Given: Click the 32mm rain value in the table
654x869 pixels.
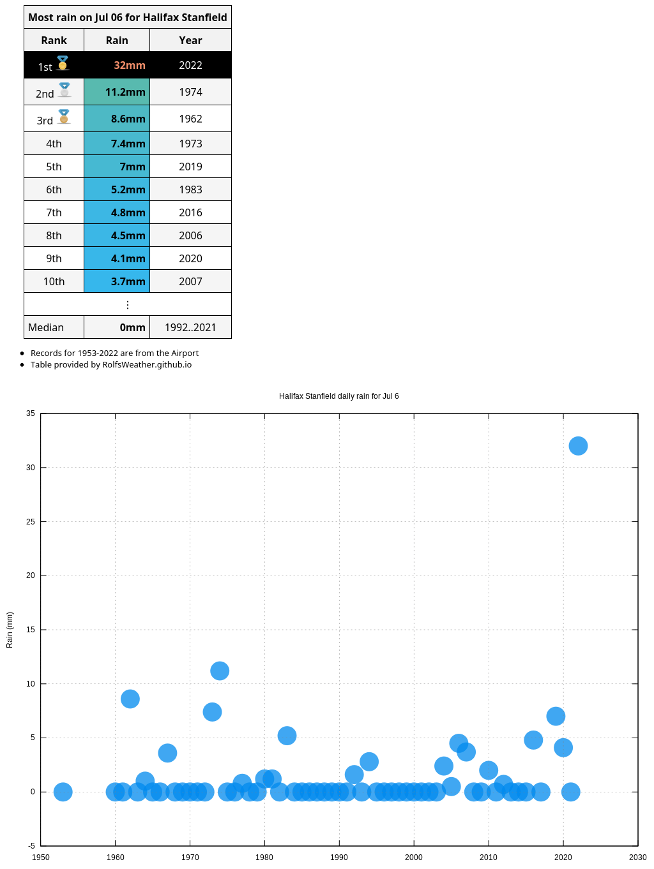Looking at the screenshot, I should click(x=129, y=65).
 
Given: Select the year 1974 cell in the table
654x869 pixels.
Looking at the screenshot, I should click(x=190, y=92).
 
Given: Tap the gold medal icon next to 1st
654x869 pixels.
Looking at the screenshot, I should click(x=63, y=63).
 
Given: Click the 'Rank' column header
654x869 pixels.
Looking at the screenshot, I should click(x=54, y=40).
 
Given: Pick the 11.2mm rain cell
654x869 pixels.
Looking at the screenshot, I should click(x=125, y=92).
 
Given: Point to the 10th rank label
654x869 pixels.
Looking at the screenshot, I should click(x=54, y=281).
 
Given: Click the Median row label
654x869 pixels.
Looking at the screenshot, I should click(x=46, y=327).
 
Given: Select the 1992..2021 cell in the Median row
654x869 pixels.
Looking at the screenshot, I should click(x=190, y=327).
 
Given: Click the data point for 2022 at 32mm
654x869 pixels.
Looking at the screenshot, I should click(x=578, y=446).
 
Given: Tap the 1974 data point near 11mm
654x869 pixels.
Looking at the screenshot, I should click(x=220, y=671).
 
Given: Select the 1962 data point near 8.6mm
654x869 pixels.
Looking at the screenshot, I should click(x=130, y=699).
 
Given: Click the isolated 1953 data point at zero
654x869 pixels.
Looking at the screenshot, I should click(x=63, y=792).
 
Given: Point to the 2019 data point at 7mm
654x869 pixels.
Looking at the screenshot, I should click(x=556, y=716).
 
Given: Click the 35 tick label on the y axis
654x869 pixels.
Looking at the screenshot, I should click(x=31, y=413).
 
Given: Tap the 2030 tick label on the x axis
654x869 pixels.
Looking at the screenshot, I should click(x=637, y=857).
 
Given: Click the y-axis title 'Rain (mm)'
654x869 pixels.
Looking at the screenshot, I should click(x=10, y=630).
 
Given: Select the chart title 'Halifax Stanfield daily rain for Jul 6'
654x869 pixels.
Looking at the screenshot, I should click(x=338, y=396).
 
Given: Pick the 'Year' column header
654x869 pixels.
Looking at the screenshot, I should click(x=190, y=40).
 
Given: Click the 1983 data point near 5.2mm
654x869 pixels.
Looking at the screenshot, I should click(x=287, y=736).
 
